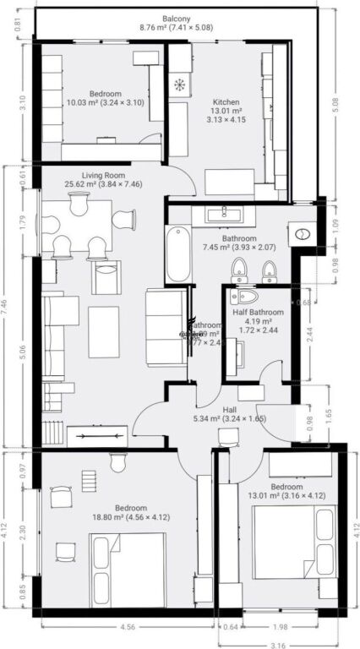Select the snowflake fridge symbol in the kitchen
tap(179, 85)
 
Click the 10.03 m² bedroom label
tap(105, 99)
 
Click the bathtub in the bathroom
tap(177, 254)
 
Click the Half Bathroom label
tap(259, 317)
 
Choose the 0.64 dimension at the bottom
tap(231, 627)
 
